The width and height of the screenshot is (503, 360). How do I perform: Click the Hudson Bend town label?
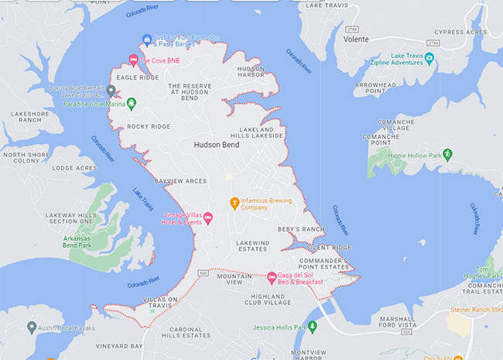pyautogui.click(x=217, y=144)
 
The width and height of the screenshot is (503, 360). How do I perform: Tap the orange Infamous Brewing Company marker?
pyautogui.click(x=234, y=204)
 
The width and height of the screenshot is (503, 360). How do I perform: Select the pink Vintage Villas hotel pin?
pyautogui.click(x=207, y=217)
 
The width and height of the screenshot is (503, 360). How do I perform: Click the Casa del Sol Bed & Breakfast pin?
pyautogui.click(x=272, y=277)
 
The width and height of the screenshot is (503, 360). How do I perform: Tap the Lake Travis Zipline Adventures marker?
pyautogui.click(x=430, y=59)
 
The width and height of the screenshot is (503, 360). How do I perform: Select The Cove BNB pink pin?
pyautogui.click(x=133, y=60)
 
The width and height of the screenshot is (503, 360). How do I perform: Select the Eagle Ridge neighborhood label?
pyautogui.click(x=137, y=78)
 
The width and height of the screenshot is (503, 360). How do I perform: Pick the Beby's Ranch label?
pyautogui.click(x=301, y=230)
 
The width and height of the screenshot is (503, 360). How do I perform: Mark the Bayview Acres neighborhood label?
pyautogui.click(x=181, y=180)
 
